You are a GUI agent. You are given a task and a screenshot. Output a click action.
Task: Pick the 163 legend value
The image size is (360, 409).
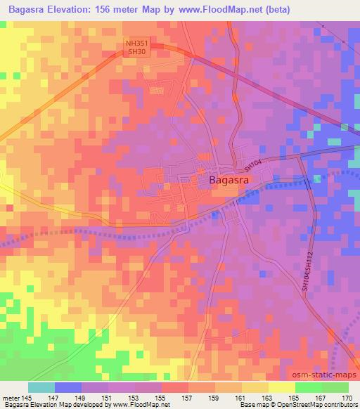pyautogui.click(x=269, y=397)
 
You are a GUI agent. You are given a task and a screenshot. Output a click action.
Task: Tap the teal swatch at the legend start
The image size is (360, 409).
pyautogui.click(x=41, y=387)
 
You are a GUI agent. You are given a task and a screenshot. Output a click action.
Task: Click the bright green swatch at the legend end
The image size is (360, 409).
pyautogui.click(x=335, y=387)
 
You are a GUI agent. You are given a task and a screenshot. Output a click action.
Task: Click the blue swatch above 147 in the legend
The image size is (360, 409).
pyautogui.click(x=68, y=387)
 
